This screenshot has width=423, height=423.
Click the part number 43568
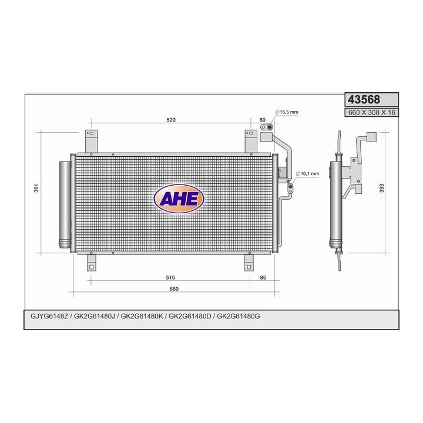coord(364,99)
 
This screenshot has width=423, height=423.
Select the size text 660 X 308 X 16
coord(371,112)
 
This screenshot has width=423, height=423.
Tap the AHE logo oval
coord(179,199)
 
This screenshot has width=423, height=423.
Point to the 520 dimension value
coord(171,120)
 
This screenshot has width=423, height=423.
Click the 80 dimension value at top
coord(262,120)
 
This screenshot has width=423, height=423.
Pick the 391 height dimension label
coord(36,189)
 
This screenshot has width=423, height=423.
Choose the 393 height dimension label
coord(382,189)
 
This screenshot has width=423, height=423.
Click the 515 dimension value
coord(170,277)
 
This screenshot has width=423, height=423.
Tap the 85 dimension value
coord(263,277)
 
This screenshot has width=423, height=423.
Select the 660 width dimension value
coord(174,288)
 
